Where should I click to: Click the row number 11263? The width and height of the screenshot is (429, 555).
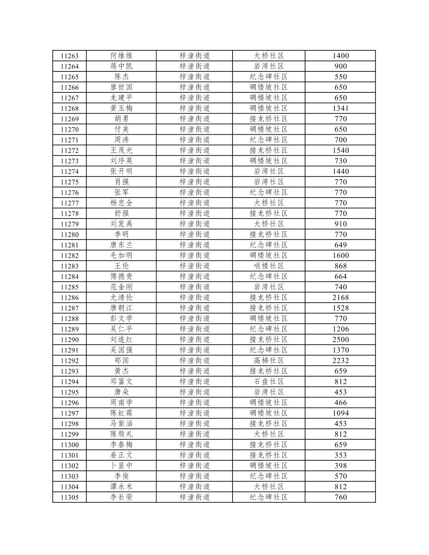69,56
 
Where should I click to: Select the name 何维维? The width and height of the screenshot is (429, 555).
121,56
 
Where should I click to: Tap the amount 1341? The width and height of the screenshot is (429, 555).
340,108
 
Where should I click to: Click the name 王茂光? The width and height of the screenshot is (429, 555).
121,150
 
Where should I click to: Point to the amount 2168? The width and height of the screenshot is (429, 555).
340,297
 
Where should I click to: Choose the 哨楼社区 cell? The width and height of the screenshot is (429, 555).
269,266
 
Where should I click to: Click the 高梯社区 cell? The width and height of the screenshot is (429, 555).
269,361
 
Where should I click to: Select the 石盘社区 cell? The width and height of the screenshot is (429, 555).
269,382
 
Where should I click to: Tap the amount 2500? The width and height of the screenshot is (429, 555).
340,340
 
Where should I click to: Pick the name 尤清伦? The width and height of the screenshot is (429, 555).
121,297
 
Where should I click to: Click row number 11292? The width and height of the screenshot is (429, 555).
69,361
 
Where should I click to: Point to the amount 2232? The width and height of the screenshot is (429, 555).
340,361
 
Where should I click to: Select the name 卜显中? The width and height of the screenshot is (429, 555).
121,466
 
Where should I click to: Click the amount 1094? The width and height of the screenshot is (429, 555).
340,413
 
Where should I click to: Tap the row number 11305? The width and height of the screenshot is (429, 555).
69,497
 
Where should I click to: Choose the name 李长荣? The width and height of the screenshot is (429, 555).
121,497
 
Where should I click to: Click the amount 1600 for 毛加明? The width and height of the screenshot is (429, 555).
340,255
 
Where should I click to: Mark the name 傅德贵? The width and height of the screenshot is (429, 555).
121,276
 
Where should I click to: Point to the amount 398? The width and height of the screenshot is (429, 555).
340,466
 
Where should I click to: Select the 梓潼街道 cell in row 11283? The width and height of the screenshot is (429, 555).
195,266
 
